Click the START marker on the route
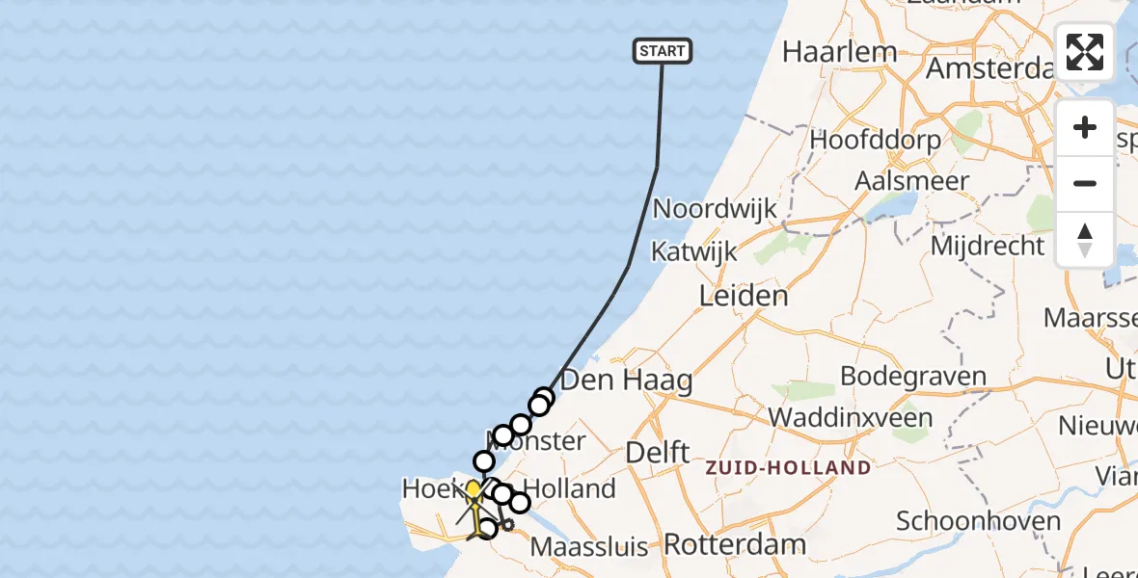663,51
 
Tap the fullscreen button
1085,52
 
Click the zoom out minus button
1085,183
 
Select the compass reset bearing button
1085,239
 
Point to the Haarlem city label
839,51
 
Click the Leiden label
745,296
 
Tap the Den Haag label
626,380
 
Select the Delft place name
657,452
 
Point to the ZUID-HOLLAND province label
788,468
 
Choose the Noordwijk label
714,209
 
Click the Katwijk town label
693,252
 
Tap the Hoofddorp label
875,140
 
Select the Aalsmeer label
911,181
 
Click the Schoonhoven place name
978,521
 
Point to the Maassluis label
590,547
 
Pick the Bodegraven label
913,376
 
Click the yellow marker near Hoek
473,490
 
